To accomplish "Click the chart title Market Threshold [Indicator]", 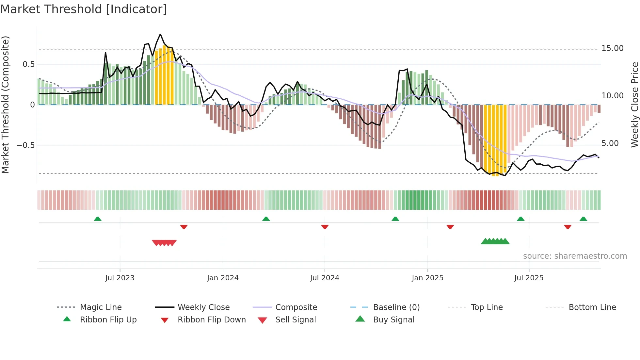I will point(84,9).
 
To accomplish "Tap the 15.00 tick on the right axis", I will point(612,48).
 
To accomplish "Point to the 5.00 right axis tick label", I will point(610,143).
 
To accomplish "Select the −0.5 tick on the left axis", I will point(25,145).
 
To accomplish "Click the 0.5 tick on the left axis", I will point(28,64).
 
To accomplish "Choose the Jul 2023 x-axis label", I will point(120,278).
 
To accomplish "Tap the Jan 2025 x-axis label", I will point(427,278).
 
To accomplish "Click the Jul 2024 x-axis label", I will point(325,278).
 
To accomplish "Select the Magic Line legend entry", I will point(101,307).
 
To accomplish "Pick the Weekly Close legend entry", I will point(203,307).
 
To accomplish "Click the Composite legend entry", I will point(296,307).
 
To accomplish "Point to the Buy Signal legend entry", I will point(393,320).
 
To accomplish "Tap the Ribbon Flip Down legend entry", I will point(211,320).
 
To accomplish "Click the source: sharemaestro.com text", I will point(575,256).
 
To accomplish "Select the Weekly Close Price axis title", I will point(634,105).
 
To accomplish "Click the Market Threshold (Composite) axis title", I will point(5,105).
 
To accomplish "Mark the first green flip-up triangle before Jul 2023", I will point(98,219).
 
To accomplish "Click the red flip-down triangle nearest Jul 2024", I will point(325,227).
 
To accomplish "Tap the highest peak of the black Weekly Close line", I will point(160,34).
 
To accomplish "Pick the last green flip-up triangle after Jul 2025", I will point(583,219).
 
